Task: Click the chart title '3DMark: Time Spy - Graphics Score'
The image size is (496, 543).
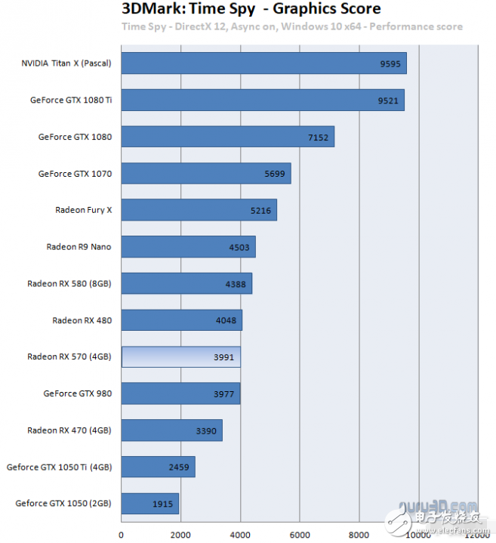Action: coord(251,9)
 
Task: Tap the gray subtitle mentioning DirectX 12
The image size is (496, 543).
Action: coord(292,26)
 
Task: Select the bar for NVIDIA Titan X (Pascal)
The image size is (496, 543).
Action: coord(263,63)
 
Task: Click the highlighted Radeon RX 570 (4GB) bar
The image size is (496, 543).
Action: coord(180,356)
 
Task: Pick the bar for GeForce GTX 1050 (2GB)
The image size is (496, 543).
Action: coord(149,504)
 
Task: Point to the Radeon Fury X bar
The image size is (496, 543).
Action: coord(199,210)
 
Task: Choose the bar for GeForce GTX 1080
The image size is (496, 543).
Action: coord(227,137)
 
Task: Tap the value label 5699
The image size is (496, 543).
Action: coord(275,174)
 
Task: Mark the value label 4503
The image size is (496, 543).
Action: coord(239,247)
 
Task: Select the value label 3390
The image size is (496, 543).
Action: coord(206,430)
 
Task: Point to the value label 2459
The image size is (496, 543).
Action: coord(179,467)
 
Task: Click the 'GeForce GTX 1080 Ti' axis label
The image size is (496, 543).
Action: coord(71,100)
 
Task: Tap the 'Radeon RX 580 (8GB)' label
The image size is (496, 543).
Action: coord(69,283)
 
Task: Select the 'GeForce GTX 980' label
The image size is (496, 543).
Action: coord(78,393)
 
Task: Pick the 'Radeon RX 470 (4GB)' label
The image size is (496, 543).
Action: coord(69,430)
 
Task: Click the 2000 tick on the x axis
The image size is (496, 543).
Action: coord(180,535)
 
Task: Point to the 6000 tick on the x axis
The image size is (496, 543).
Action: coord(300,535)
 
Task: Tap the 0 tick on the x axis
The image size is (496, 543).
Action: coord(121,535)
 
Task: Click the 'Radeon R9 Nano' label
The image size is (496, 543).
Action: coord(79,247)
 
